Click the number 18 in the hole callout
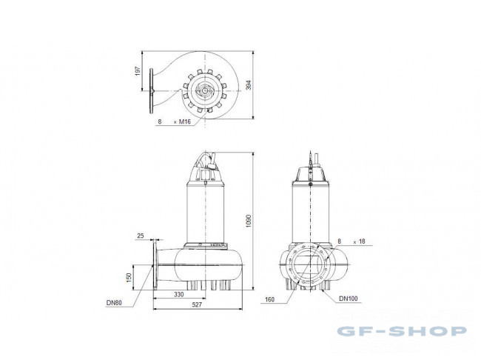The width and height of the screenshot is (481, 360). tap(362, 242)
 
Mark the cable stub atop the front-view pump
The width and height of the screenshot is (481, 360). tap(312, 159)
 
